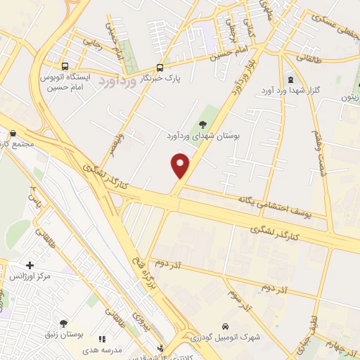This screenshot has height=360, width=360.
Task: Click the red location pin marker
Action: (181, 165)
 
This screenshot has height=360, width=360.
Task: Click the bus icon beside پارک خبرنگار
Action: (160, 68)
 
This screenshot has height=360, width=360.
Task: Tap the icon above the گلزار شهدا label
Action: (291, 80)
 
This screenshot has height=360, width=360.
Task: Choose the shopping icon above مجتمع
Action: (13, 133)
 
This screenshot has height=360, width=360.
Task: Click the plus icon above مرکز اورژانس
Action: (30, 265)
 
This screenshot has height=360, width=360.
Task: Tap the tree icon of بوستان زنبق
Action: (63, 323)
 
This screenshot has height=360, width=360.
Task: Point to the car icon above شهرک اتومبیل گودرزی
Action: (224, 327)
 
